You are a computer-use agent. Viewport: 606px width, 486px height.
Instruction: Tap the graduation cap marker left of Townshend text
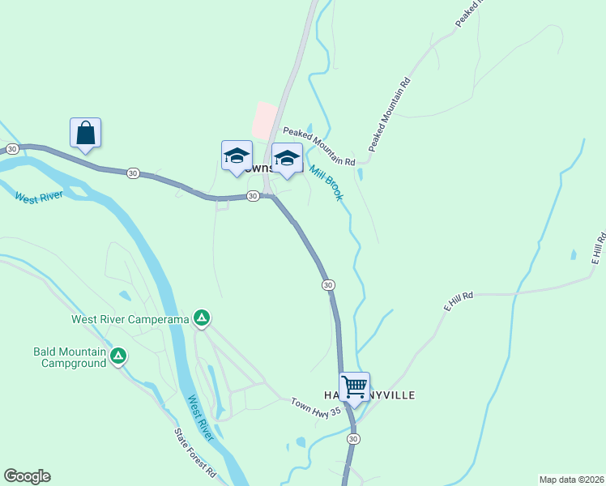click(x=237, y=156)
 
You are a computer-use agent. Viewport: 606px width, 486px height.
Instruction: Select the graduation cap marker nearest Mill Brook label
click(x=286, y=158)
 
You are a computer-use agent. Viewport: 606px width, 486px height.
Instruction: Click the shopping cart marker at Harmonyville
click(x=354, y=387)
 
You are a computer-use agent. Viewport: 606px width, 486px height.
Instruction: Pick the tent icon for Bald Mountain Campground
click(x=118, y=356)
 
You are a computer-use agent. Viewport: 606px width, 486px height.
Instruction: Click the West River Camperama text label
click(x=130, y=319)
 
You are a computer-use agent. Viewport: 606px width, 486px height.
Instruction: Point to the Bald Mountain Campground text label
click(x=70, y=357)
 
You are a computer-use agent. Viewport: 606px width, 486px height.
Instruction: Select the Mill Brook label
click(x=326, y=184)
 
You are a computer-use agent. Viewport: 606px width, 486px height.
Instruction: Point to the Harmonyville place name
click(x=369, y=394)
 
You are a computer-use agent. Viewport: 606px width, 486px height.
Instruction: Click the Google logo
click(x=27, y=476)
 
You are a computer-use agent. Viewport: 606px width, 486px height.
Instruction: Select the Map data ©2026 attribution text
click(x=571, y=479)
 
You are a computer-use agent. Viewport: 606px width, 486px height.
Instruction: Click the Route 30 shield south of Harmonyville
click(x=352, y=438)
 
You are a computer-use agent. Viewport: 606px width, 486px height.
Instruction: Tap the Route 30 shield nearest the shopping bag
click(x=12, y=149)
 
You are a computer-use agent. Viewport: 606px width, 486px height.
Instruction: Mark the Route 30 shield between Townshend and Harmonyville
click(x=327, y=285)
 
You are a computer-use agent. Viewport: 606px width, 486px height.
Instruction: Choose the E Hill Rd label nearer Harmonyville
click(x=458, y=303)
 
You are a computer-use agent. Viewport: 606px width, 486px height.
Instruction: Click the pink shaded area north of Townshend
click(x=264, y=120)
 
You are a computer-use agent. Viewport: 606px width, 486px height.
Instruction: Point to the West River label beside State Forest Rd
click(x=200, y=418)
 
